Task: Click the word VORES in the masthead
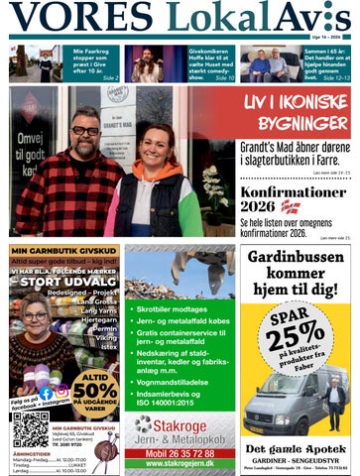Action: tap(82, 17)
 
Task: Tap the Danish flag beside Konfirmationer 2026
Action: tap(290, 206)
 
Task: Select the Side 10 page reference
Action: tap(223, 76)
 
